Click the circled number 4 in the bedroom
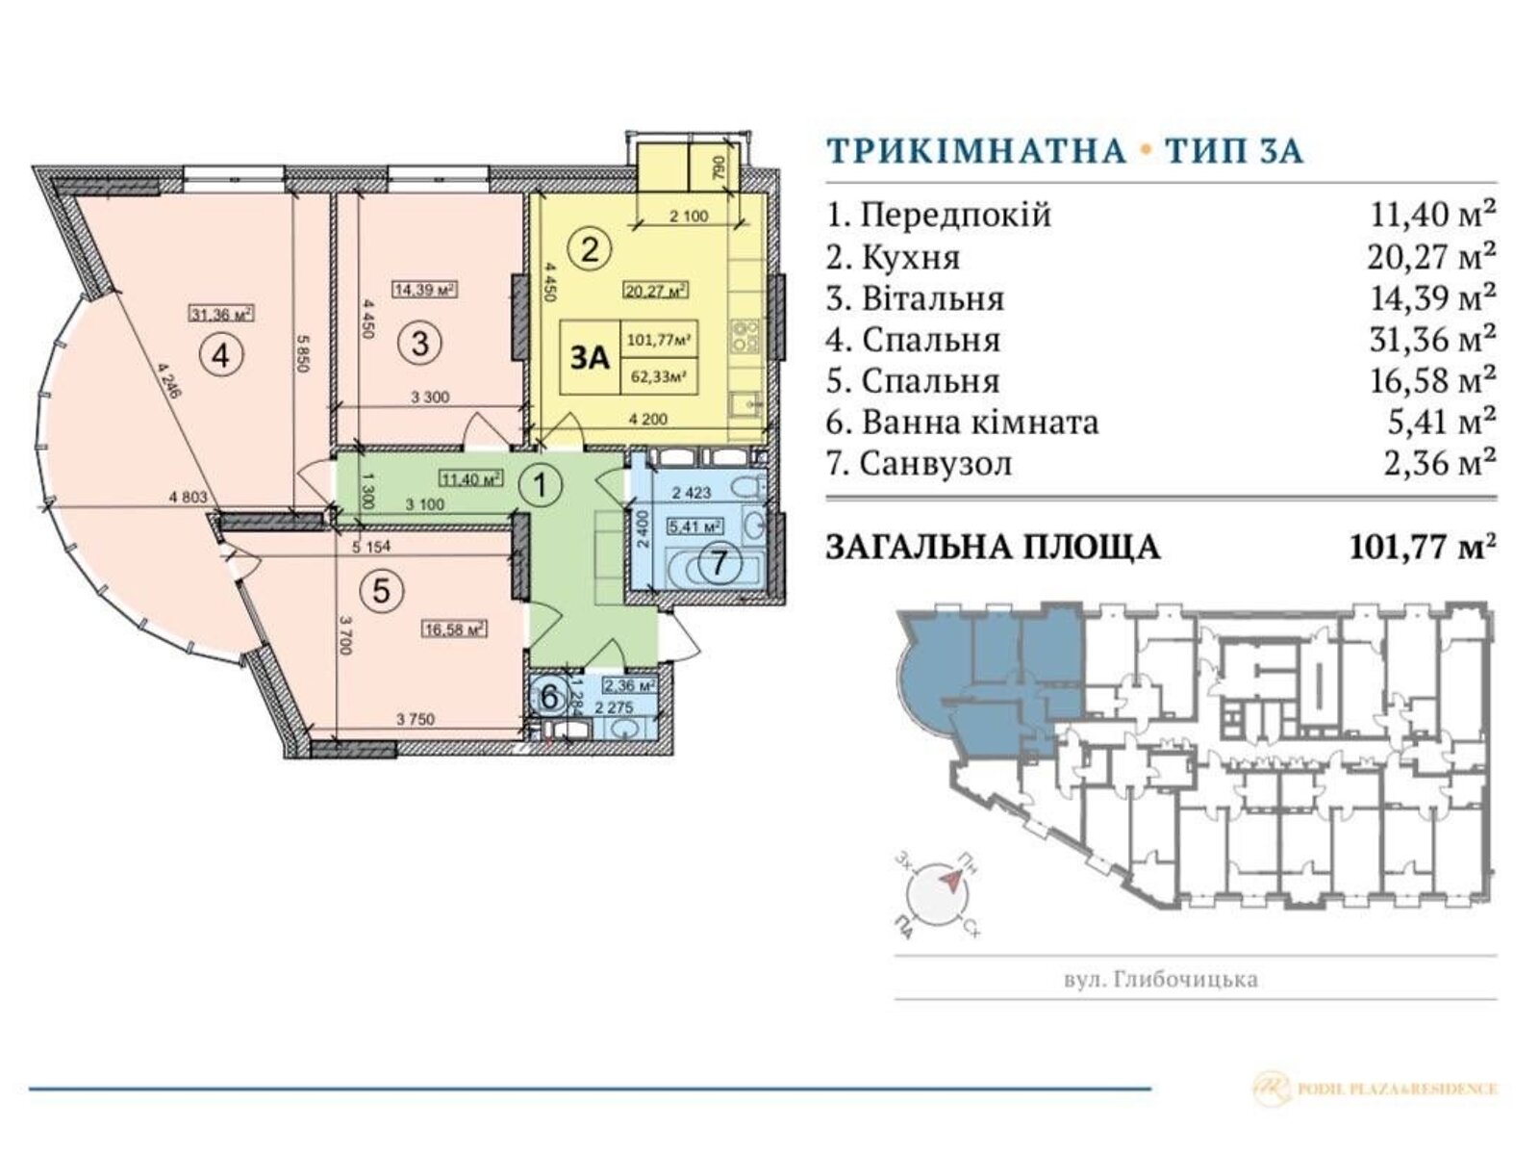tap(221, 356)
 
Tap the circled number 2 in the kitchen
tap(590, 250)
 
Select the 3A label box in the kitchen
tap(591, 358)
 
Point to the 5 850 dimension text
tap(302, 359)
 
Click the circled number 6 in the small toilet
tap(548, 695)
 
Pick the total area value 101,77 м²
tap(1423, 547)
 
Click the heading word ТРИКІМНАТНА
tap(975, 151)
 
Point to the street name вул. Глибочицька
tap(1161, 980)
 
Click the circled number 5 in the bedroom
tap(381, 591)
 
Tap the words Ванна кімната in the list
tap(979, 423)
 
